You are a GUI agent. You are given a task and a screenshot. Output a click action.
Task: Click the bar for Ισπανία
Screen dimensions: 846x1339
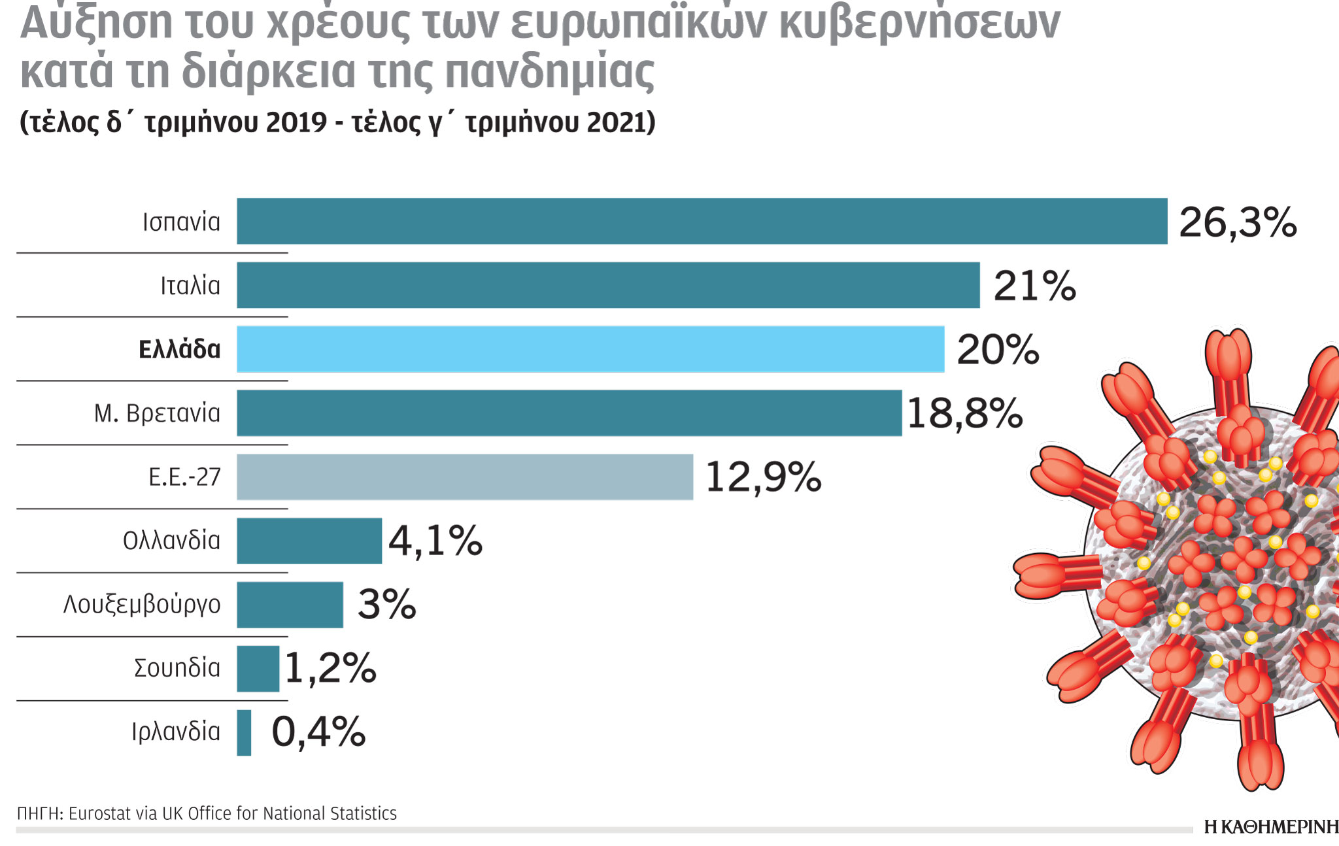tap(702, 222)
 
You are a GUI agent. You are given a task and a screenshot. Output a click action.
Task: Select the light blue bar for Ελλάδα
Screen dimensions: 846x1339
tap(590, 349)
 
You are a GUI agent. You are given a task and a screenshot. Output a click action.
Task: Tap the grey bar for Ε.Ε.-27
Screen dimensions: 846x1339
tap(464, 477)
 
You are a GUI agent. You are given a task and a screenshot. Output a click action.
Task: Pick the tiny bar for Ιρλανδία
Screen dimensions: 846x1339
tap(244, 732)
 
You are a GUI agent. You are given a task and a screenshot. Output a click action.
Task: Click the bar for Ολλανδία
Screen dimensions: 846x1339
tap(309, 541)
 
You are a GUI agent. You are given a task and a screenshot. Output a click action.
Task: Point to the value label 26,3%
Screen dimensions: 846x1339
tap(1237, 223)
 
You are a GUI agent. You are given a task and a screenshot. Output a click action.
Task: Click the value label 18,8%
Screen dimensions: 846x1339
tap(964, 414)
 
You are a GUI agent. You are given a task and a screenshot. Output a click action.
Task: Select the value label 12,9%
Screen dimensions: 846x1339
tap(763, 477)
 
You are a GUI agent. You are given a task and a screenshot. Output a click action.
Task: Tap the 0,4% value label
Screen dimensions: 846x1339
tap(318, 732)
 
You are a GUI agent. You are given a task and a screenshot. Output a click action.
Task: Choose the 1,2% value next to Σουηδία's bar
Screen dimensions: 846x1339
tap(330, 669)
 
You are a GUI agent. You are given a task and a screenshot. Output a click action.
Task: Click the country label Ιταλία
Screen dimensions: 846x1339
tap(190, 286)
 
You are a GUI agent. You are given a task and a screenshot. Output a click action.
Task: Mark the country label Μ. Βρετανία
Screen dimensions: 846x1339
tap(157, 413)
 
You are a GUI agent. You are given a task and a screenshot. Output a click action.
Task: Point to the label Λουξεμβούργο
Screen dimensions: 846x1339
tap(142, 604)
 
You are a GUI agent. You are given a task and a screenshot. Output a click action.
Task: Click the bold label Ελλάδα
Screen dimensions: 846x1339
tap(179, 350)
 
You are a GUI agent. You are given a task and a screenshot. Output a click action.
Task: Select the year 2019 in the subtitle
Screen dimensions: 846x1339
tap(296, 122)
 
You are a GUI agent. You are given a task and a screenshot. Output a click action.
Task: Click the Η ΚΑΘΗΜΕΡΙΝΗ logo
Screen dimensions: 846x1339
tap(1270, 827)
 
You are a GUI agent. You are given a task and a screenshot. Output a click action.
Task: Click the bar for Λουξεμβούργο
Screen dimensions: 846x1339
tap(290, 605)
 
